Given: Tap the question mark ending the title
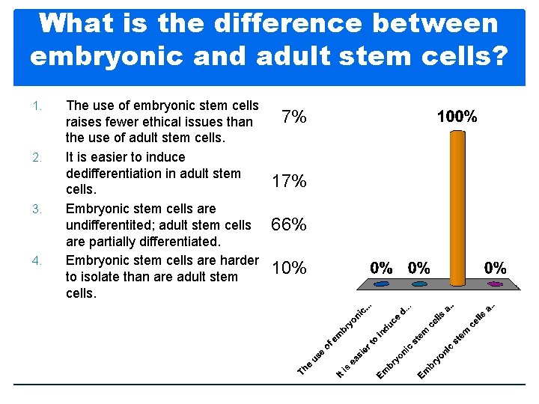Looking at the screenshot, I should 497,56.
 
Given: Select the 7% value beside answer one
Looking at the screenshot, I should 293,117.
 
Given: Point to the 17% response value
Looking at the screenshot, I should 289,181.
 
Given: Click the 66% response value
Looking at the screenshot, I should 289,224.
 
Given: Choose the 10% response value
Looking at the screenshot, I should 289,268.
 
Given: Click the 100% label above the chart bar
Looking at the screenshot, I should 457,117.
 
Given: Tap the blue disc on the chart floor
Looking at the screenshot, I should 382,284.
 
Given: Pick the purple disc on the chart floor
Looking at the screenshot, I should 495,284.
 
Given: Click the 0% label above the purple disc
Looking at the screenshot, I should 495,267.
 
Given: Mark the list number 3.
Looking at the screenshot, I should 36,209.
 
